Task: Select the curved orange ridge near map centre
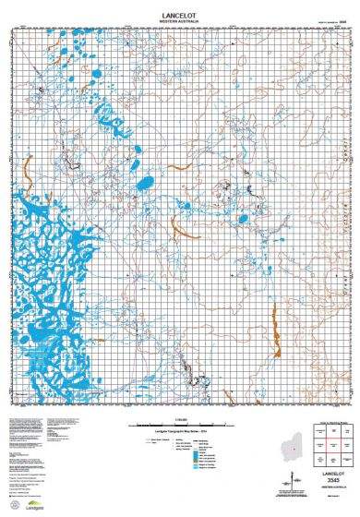(x=178, y=227)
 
